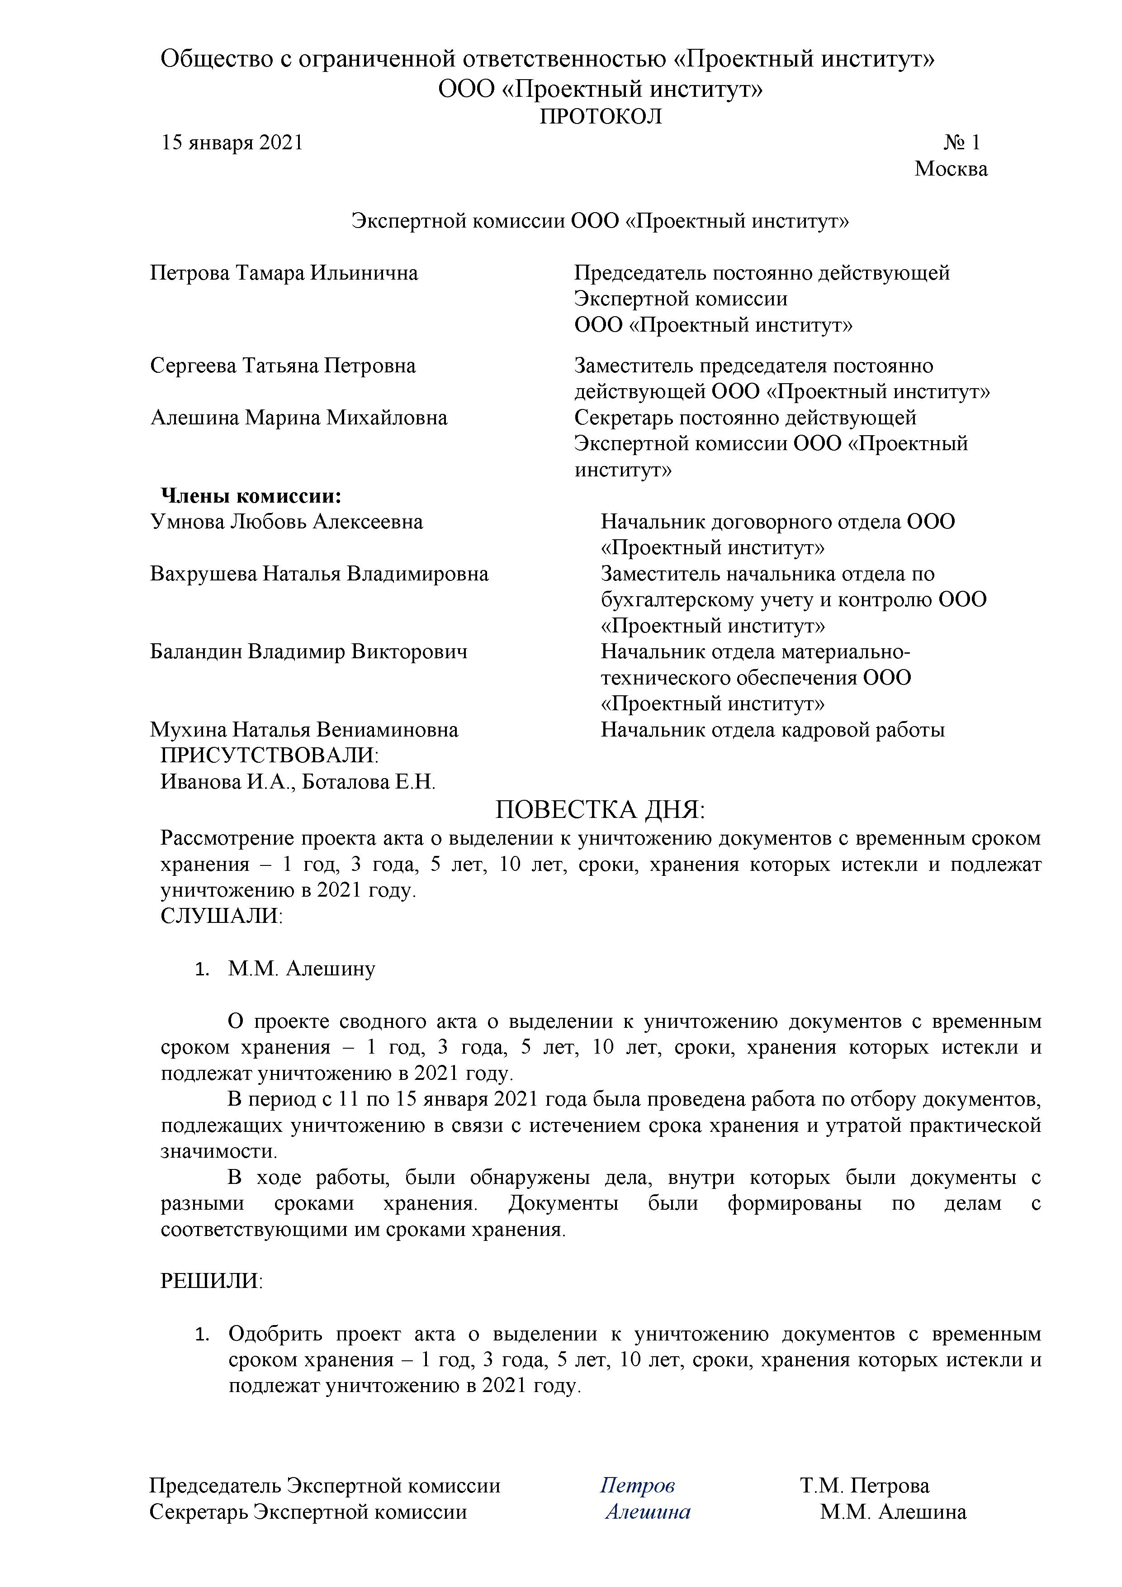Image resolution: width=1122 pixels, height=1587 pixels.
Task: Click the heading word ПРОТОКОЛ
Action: tap(601, 116)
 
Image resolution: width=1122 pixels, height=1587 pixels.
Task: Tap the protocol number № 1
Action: tap(962, 143)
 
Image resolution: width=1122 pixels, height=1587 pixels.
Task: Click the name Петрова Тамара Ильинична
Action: tap(284, 273)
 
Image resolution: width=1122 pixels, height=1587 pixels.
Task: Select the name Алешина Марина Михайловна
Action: tap(298, 418)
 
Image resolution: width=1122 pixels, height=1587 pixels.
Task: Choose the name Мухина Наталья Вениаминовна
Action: tap(304, 730)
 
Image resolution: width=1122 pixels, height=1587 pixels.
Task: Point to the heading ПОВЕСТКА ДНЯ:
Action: tap(601, 809)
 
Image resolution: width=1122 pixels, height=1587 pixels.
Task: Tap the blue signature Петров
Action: tap(637, 1485)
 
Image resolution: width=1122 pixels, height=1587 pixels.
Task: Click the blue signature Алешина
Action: tap(648, 1511)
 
